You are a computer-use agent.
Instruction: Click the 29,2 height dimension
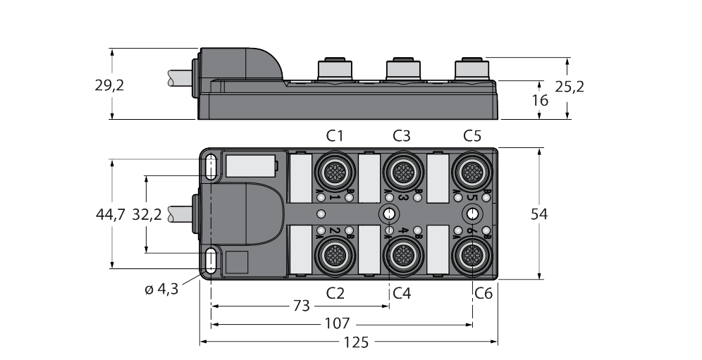[109, 86]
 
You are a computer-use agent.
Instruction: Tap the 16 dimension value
[540, 101]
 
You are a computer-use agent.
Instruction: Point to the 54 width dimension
[539, 214]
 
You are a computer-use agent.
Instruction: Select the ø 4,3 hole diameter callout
[161, 288]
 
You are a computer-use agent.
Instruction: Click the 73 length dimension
[300, 306]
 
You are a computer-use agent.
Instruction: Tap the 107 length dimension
[337, 325]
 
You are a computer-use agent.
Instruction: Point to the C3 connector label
[402, 135]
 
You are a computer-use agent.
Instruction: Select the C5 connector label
[472, 135]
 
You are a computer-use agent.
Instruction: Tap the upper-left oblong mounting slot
[211, 168]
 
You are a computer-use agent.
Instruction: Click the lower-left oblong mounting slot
[211, 261]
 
